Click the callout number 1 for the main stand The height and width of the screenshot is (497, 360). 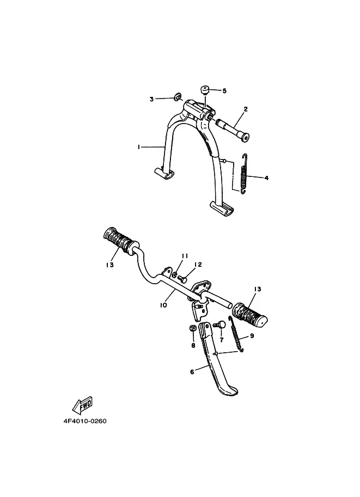click(139, 147)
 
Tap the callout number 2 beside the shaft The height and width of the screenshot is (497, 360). click(246, 109)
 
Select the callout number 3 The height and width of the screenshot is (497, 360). click(152, 99)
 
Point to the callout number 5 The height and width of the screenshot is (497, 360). click(224, 91)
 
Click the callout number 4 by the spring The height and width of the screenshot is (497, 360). click(266, 177)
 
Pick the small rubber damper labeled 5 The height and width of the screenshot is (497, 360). click(206, 90)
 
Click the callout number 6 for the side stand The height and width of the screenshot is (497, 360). click(192, 372)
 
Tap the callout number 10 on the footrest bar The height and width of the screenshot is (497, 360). click(163, 305)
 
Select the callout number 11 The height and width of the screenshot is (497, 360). click(185, 256)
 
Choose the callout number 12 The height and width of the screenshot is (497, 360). click(198, 265)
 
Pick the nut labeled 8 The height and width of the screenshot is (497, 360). click(193, 329)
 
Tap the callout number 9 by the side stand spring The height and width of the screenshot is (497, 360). click(252, 336)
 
